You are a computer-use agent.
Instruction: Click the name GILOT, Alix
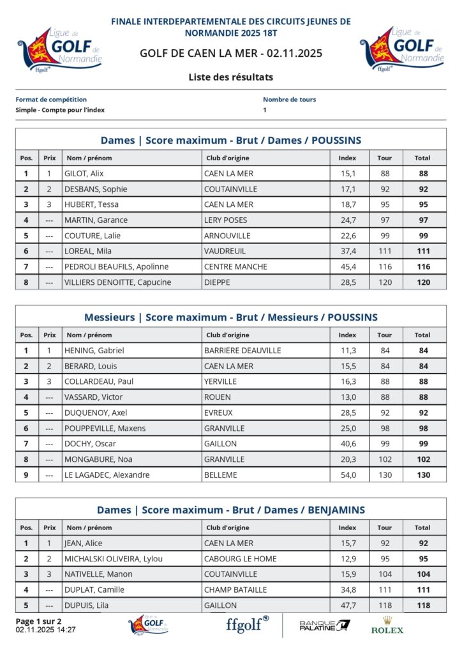coord(84,173)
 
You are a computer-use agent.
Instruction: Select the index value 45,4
coord(347,266)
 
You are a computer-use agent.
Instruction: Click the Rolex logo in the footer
coord(387,625)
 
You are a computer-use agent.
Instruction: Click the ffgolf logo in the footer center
coord(248,623)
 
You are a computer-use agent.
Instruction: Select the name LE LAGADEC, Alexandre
coord(107,475)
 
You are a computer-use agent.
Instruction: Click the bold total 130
coord(423,475)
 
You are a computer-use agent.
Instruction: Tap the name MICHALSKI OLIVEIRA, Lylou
coord(114,558)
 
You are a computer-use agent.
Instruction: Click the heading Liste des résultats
coord(231,77)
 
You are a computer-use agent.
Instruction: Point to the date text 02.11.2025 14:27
coord(46,630)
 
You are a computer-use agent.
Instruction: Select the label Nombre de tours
coord(289,100)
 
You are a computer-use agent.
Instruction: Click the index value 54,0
coord(347,475)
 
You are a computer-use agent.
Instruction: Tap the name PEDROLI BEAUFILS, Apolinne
coord(116,266)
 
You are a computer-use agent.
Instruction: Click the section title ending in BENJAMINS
coord(231,510)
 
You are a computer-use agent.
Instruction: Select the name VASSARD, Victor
coord(94,397)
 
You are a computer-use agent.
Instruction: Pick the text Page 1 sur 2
coord(38,621)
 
